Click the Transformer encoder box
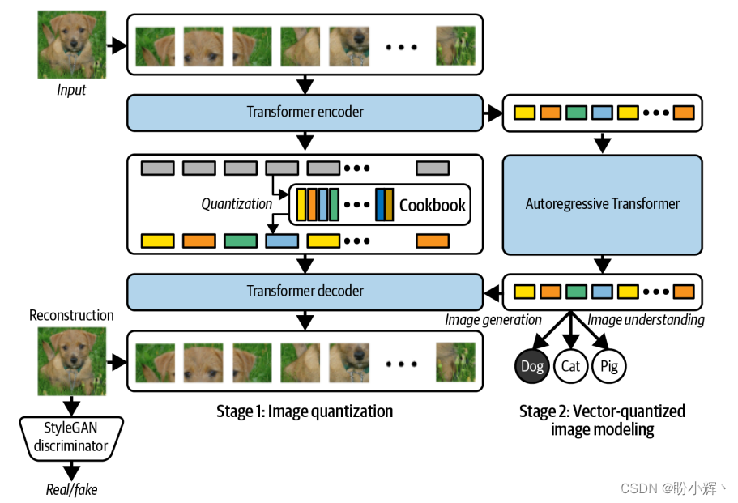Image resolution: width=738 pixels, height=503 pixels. (305, 113)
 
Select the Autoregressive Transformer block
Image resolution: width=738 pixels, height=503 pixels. (602, 204)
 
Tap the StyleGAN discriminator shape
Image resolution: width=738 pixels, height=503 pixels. (71, 437)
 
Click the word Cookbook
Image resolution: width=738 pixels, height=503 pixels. (433, 205)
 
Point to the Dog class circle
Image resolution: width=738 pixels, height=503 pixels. (532, 366)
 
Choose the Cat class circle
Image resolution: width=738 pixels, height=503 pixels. (571, 366)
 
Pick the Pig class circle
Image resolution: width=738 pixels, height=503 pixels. (609, 366)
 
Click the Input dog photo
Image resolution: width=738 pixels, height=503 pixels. (71, 44)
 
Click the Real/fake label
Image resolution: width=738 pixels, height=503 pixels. (71, 489)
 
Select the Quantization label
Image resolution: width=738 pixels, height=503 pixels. (237, 204)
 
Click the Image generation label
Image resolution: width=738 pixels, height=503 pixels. (493, 320)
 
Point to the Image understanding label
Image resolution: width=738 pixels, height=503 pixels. (646, 320)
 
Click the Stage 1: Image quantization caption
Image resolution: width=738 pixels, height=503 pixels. (305, 411)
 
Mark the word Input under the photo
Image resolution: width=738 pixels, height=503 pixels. (71, 90)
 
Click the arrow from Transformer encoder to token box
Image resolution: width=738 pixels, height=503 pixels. (493, 113)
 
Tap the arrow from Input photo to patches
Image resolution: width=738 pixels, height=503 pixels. (117, 45)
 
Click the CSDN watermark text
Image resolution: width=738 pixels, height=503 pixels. (672, 488)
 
